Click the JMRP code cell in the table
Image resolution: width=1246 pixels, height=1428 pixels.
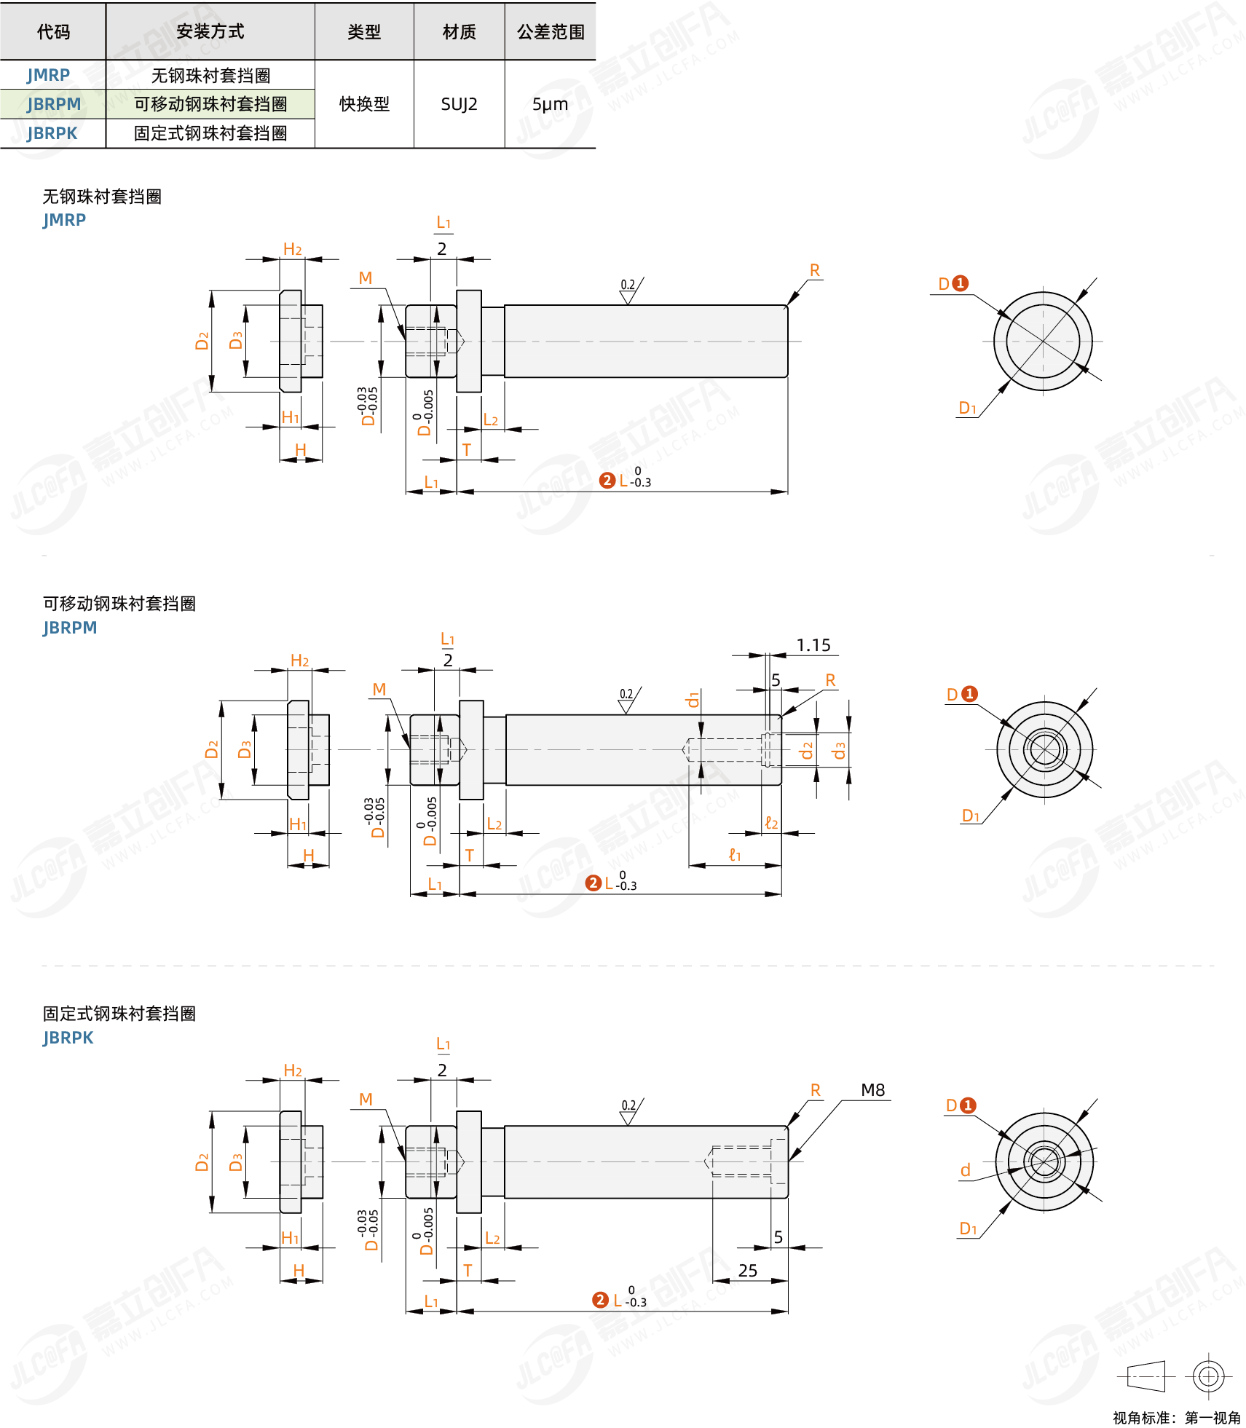(49, 75)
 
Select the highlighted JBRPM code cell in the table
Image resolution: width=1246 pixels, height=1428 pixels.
(54, 104)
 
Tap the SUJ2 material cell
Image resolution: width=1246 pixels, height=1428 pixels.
(459, 104)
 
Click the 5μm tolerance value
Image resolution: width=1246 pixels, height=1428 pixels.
(550, 104)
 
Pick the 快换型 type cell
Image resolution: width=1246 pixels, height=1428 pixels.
(364, 104)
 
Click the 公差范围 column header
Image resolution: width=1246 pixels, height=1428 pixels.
(551, 32)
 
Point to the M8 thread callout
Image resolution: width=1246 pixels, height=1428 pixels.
(872, 1090)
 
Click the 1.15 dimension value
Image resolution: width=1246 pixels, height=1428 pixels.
(813, 645)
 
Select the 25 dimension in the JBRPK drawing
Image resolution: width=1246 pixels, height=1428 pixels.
(748, 1271)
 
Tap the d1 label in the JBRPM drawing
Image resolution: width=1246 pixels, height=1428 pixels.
(693, 700)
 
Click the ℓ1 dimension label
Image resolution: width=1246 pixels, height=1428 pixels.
(735, 855)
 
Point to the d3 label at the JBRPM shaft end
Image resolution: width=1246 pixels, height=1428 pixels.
(840, 750)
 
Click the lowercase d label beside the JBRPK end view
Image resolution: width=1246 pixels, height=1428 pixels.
(965, 1170)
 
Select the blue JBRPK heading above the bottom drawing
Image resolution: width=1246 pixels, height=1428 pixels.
(68, 1038)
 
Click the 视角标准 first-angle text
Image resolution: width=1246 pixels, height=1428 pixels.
(1176, 1418)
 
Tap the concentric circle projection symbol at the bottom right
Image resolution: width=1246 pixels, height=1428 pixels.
(1208, 1376)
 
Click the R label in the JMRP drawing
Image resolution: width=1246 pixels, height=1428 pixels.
(815, 270)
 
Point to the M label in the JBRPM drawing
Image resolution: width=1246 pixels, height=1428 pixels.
(379, 690)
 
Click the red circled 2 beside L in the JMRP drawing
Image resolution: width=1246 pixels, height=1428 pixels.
(607, 481)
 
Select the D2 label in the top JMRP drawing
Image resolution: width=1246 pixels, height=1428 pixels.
(202, 341)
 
